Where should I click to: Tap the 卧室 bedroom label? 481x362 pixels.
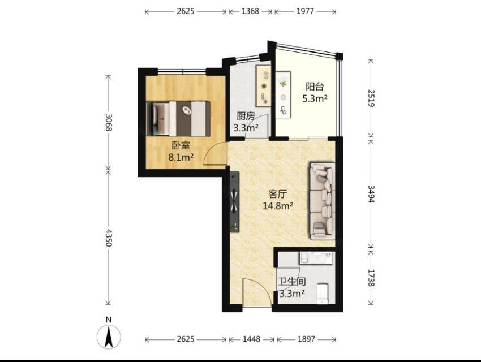(181, 145)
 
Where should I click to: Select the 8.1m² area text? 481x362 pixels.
(181, 157)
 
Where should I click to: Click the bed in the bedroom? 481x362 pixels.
(178, 119)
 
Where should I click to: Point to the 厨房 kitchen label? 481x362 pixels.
(246, 116)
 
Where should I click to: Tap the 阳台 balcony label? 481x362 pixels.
(315, 87)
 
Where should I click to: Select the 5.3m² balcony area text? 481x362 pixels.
(315, 98)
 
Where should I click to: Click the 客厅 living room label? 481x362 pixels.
(278, 193)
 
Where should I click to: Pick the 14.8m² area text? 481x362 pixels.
(278, 206)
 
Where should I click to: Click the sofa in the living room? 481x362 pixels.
(322, 201)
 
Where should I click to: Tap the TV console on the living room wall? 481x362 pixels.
(235, 202)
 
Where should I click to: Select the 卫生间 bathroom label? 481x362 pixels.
(292, 281)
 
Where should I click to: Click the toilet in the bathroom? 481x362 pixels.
(322, 294)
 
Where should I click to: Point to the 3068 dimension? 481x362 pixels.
(108, 122)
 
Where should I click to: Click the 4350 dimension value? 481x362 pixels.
(108, 237)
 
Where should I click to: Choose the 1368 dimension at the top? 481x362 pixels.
(250, 11)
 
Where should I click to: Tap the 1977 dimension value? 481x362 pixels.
(305, 11)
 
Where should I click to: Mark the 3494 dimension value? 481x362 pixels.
(371, 194)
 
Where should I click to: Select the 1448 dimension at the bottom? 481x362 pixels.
(252, 339)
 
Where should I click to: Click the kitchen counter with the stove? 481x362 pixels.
(263, 85)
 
